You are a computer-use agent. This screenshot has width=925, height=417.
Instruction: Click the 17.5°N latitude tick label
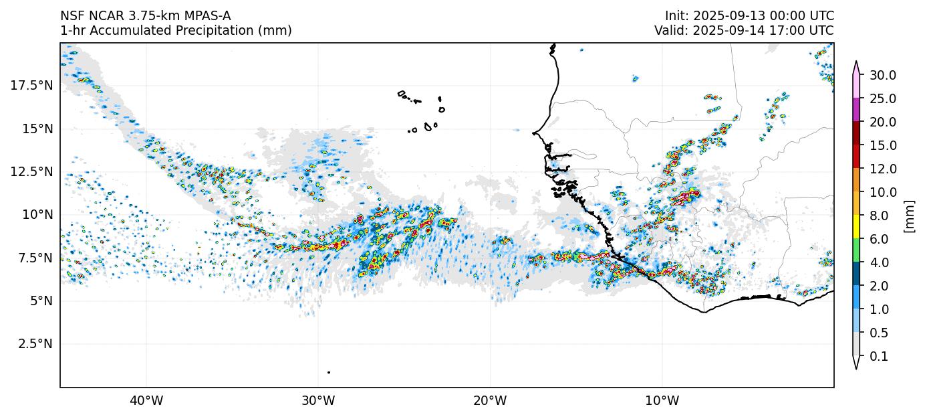pos(31,86)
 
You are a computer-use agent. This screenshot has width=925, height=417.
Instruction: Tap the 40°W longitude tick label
pos(146,401)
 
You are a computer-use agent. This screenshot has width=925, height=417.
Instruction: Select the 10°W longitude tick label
pos(662,401)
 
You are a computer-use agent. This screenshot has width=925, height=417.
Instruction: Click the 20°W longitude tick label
pos(490,401)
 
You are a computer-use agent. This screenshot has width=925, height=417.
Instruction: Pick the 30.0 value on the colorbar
pos(882,75)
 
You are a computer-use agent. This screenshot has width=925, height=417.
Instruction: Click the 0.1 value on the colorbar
pos(879,357)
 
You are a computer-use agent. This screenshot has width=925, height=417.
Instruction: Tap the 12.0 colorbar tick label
pos(882,169)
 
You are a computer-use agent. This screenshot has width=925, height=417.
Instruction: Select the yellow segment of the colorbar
pos(857,227)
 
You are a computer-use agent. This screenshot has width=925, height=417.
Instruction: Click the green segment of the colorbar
pos(857,250)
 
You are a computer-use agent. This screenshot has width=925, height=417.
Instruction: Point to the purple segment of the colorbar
pos(857,110)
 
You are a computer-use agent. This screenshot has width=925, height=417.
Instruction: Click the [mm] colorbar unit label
pos(909,216)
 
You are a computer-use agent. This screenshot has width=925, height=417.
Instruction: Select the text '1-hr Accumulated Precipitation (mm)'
pos(176,31)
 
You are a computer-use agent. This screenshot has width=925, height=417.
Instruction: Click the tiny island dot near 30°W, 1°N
pos(329,372)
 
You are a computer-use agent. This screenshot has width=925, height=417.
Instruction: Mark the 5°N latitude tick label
pos(37,301)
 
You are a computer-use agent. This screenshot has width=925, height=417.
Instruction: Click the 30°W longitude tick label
pos(318,401)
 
